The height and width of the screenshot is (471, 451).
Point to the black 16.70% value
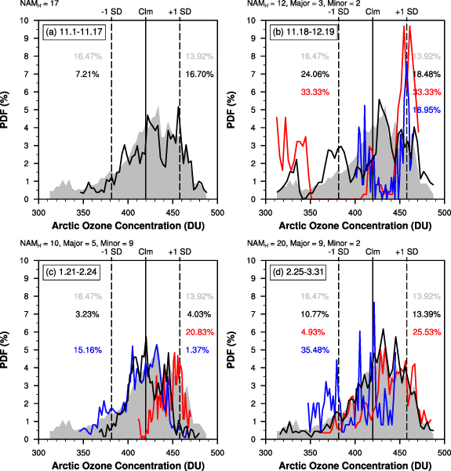(x=200, y=74)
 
